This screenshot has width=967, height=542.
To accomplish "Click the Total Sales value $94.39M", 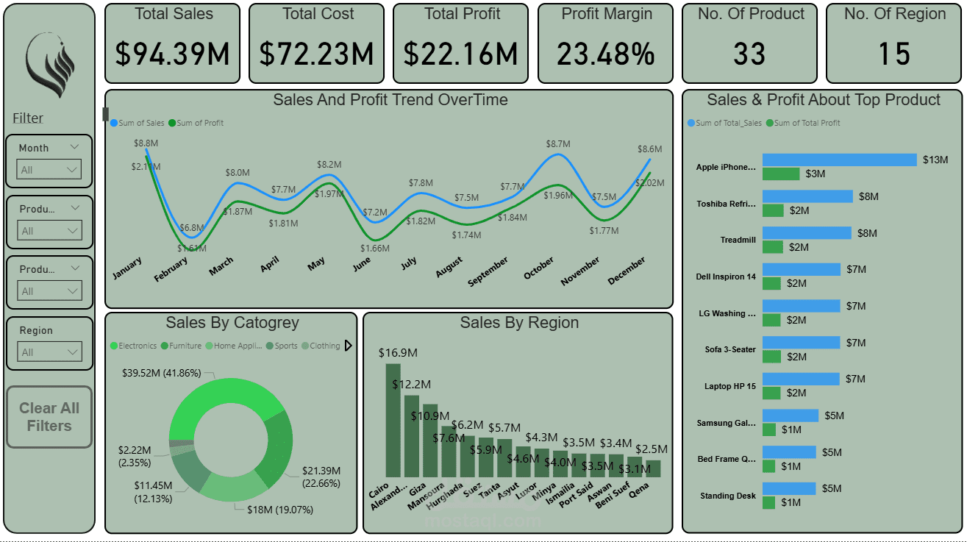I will coord(172,54).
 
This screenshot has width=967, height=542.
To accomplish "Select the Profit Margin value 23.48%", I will coord(605,54).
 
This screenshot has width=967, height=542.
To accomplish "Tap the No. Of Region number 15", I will coord(894,54).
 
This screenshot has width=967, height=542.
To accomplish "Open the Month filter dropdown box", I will coord(49,170).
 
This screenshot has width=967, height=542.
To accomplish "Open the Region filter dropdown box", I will coord(49,352).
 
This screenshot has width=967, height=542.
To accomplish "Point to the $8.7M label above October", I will coord(557,145).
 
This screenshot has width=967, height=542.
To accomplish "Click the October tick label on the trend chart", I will coord(539,269).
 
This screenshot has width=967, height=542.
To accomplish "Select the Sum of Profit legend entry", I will coord(196,124).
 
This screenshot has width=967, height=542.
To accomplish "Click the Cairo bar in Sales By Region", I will coord(393,420).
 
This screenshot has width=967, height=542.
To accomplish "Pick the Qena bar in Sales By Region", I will coord(653,468).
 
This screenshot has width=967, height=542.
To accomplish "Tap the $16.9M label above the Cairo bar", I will coord(398,353).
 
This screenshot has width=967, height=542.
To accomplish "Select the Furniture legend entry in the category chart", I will coord(185,346).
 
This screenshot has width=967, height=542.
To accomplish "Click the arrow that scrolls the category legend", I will coord(349,346).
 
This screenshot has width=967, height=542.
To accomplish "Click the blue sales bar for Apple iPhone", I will coord(839,160).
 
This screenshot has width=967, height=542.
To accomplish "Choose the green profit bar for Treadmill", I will coord(773,247).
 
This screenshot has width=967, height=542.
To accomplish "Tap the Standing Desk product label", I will coord(727,496).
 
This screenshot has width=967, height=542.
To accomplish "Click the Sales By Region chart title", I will coord(518,323).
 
